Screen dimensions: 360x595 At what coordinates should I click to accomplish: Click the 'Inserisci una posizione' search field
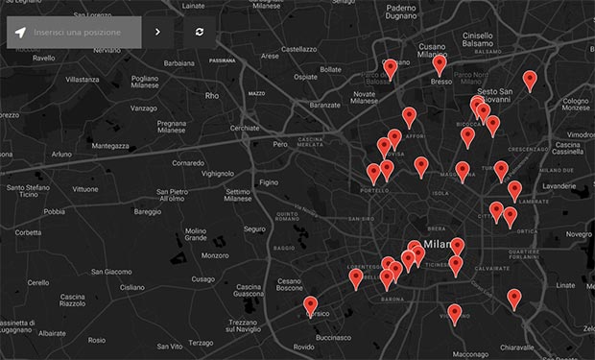[79, 33]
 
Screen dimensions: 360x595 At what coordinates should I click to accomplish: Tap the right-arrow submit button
[157, 33]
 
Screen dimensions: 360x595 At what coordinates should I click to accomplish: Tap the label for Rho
[212, 96]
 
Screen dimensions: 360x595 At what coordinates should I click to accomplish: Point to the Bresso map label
[440, 83]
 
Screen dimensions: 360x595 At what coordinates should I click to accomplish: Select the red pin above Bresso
[440, 64]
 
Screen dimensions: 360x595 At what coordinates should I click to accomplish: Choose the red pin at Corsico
[310, 305]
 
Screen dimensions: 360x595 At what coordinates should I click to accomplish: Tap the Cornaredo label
[188, 162]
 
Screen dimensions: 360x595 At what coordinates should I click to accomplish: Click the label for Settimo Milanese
[238, 195]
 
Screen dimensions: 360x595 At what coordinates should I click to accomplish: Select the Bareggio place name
[148, 211]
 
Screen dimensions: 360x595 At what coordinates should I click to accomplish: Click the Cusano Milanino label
[432, 51]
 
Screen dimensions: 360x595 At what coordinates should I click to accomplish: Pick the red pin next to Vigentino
[455, 313]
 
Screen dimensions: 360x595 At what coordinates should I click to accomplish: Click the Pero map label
[280, 144]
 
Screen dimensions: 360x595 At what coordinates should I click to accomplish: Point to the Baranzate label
[326, 105]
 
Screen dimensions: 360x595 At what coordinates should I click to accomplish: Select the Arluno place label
[61, 154]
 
